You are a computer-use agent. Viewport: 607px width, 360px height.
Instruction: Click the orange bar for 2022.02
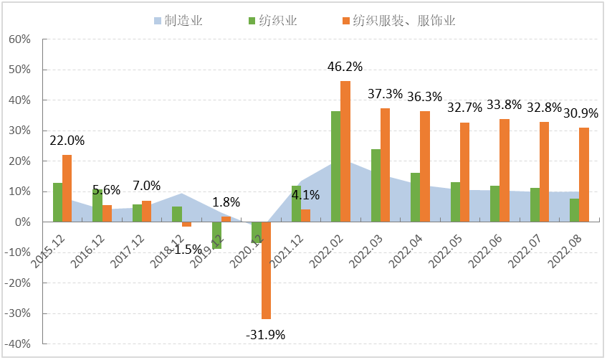(x=345, y=151)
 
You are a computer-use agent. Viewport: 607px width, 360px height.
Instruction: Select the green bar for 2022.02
(x=335, y=166)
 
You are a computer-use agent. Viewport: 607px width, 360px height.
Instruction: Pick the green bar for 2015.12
(x=57, y=202)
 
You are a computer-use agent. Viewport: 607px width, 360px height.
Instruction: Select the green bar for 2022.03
(x=376, y=185)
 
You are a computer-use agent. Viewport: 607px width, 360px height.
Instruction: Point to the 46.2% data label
(x=345, y=67)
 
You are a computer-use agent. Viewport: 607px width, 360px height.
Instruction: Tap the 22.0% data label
(x=67, y=141)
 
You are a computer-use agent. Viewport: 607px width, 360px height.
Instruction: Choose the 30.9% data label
(x=580, y=113)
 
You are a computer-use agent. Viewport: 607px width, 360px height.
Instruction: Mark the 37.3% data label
(x=385, y=94)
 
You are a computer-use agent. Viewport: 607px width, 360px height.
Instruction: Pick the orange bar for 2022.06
(x=505, y=170)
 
